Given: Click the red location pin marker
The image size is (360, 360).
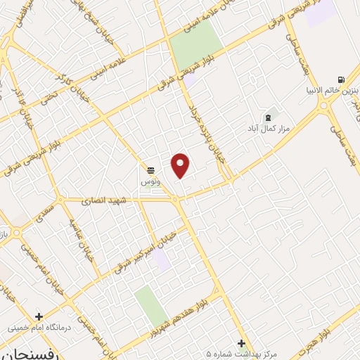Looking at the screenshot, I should pos(181,165).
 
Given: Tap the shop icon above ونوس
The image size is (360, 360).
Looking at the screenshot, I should pos(150,169).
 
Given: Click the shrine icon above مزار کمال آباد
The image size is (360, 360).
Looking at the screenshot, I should pos(267,117).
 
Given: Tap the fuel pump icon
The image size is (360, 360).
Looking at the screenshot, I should pos(341,79).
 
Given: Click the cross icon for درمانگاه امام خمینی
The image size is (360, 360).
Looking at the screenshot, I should pos(39,316).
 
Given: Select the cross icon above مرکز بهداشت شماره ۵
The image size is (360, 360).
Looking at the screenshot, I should pos(241,343).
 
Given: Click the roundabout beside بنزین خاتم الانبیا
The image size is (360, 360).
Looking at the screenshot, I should pos(324,108).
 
